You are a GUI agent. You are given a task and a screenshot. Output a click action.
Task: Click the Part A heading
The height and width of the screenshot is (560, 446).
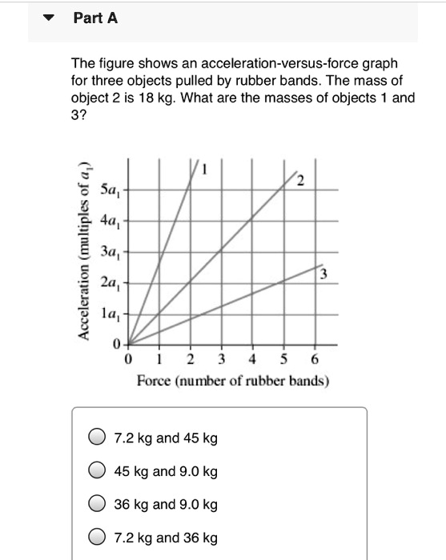pyautogui.click(x=95, y=18)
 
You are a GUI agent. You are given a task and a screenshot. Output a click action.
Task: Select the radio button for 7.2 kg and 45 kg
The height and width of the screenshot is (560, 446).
pyautogui.click(x=97, y=438)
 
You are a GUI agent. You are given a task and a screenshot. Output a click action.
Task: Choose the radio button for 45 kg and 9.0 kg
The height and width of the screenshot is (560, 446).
pyautogui.click(x=97, y=471)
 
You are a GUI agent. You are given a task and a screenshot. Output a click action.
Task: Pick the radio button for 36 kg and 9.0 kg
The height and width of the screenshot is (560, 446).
pyautogui.click(x=97, y=504)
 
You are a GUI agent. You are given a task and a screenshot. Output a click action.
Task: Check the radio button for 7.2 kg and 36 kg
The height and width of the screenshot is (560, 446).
pyautogui.click(x=97, y=538)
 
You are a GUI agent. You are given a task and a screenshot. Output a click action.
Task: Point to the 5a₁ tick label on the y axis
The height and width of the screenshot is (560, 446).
pyautogui.click(x=110, y=190)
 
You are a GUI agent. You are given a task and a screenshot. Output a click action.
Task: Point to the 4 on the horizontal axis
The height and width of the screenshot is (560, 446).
pyautogui.click(x=252, y=358)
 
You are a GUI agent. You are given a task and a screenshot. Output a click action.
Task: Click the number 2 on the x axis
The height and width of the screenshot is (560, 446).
pyautogui.click(x=191, y=358)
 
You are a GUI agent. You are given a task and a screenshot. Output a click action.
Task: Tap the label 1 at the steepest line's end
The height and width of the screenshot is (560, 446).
pyautogui.click(x=204, y=169)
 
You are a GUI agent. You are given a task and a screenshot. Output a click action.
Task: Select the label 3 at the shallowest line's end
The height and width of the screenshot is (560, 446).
pyautogui.click(x=323, y=275)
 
